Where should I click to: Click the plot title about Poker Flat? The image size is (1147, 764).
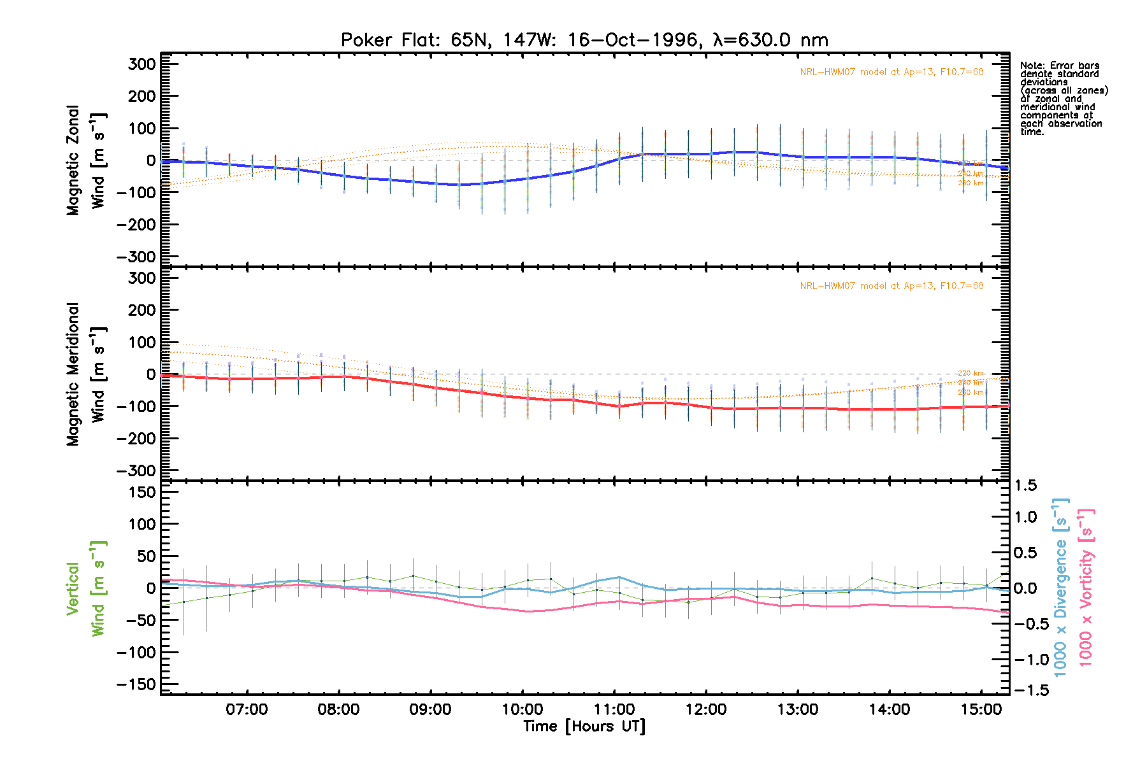pos(584,40)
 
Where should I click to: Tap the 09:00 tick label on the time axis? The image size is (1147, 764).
pos(431,709)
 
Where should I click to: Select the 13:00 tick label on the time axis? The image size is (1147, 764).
pos(798,709)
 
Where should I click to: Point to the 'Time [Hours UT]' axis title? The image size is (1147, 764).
pos(584,726)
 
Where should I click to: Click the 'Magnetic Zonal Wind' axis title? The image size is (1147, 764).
pos(86,160)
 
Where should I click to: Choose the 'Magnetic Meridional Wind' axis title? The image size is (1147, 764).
pos(86,374)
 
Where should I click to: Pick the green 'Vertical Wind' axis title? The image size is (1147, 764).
pos(86,588)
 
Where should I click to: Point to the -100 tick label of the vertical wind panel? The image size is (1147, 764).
pos(136,653)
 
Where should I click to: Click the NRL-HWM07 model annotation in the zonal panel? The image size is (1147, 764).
pos(891,72)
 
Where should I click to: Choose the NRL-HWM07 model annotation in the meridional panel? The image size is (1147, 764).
pos(891,286)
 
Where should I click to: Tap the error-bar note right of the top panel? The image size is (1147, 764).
pos(1064,99)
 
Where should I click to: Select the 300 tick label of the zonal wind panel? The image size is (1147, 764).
pos(142,64)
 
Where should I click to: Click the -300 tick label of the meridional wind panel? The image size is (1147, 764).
pos(136,470)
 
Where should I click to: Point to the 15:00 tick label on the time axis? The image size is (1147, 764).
pos(981,709)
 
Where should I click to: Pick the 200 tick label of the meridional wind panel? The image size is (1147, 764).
pos(142,310)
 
